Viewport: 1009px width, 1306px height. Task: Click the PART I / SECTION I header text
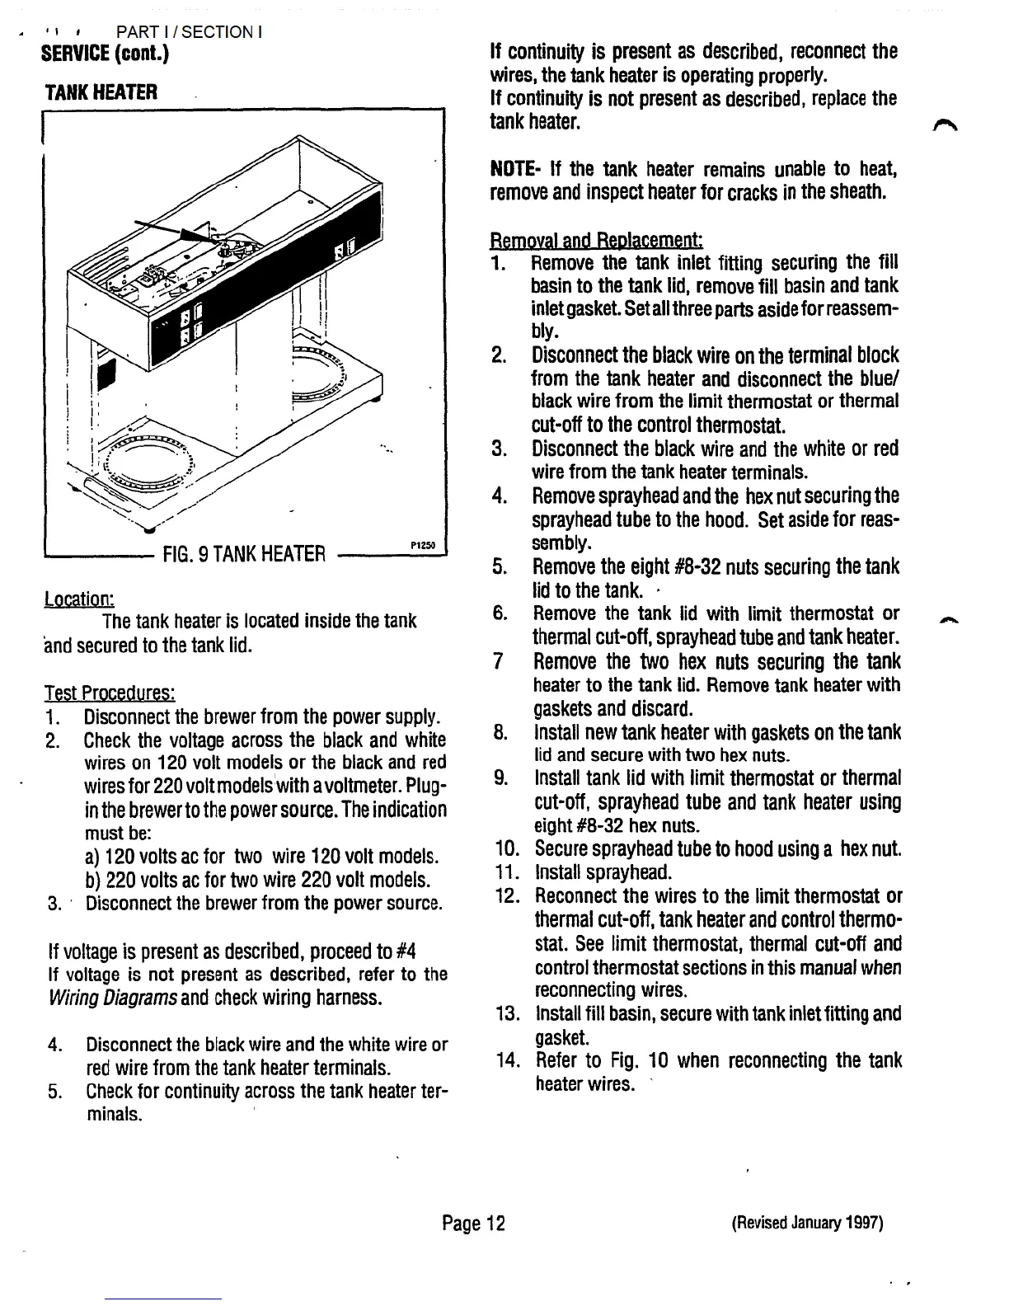pos(190,32)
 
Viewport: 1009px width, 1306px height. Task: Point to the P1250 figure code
pos(421,545)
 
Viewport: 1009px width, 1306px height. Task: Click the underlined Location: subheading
pos(79,598)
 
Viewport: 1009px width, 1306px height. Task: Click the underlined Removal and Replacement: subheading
pos(595,241)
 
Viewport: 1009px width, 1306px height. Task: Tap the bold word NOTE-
pos(515,170)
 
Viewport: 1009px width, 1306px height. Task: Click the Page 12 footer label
pos(473,1223)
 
